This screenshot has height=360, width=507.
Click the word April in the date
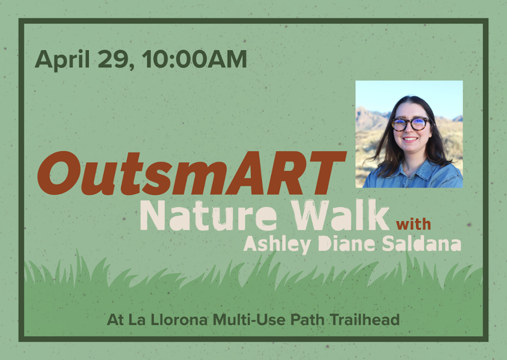point(62,60)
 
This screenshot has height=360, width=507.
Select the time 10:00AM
point(194,59)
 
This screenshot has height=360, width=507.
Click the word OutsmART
point(192,173)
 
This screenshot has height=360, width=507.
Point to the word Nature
point(208,215)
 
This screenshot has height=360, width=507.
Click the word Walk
point(340,214)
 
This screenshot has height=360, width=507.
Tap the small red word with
point(414,224)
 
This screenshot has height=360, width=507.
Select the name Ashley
point(277,244)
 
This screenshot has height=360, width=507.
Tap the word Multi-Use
point(249,320)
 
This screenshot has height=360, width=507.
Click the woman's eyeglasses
point(411,124)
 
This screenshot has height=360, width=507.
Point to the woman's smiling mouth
point(410,139)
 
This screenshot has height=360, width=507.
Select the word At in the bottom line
point(115,320)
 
